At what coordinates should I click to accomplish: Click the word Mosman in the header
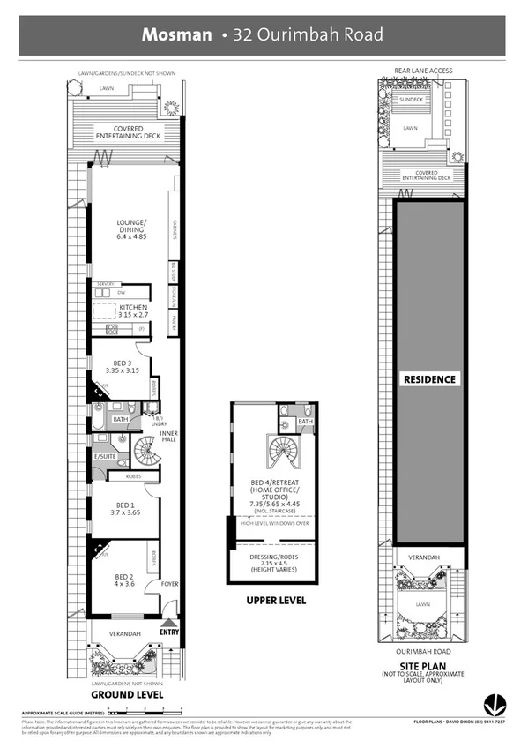coord(177,34)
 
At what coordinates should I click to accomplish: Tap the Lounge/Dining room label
coord(133,228)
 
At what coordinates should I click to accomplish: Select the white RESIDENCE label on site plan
coord(430,379)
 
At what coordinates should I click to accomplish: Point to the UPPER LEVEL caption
coord(277,600)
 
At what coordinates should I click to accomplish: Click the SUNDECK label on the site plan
coord(411,101)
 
